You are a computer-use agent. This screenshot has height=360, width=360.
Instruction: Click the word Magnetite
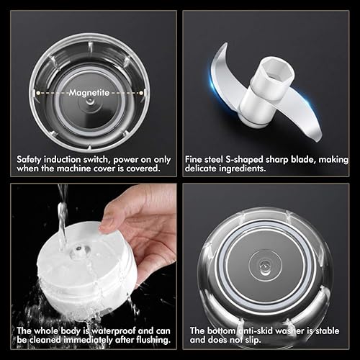(x=89, y=93)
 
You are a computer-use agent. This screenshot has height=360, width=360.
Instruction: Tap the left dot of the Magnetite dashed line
(x=38, y=93)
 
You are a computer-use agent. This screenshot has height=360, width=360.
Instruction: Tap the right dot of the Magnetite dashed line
(x=141, y=93)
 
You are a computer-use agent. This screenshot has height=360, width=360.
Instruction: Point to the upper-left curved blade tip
(x=225, y=45)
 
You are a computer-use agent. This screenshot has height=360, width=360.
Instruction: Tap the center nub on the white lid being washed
(x=79, y=251)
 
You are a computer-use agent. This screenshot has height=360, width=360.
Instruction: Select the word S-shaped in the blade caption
(x=244, y=160)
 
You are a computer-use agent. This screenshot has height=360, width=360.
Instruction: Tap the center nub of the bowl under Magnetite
(x=90, y=102)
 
